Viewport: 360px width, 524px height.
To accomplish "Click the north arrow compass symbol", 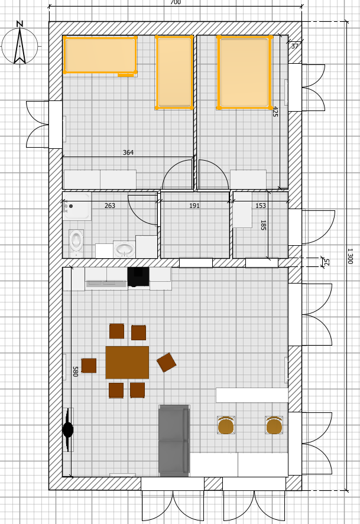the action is pyautogui.click(x=20, y=44).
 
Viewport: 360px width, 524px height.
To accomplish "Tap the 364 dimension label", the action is pyautogui.click(x=128, y=152).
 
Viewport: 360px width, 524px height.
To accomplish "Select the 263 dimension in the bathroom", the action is pyautogui.click(x=109, y=206).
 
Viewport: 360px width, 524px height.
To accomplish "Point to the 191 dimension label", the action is pyautogui.click(x=194, y=206).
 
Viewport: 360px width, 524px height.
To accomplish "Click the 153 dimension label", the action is pyautogui.click(x=260, y=206).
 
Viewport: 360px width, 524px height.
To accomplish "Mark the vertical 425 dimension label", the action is pyautogui.click(x=275, y=111).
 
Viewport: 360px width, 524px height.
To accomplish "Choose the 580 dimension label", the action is pyautogui.click(x=76, y=371).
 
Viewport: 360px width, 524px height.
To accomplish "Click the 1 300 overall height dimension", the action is pyautogui.click(x=350, y=256).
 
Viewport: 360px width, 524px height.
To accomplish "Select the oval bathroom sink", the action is pyautogui.click(x=124, y=249).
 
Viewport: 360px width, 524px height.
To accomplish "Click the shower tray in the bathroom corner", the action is pyautogui.click(x=76, y=206).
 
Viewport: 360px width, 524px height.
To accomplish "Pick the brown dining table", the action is pyautogui.click(x=127, y=363).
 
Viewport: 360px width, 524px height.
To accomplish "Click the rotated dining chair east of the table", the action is pyautogui.click(x=167, y=363).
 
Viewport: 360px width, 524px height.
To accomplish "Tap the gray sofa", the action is pyautogui.click(x=174, y=441).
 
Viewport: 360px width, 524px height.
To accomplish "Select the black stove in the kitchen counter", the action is pyautogui.click(x=138, y=276).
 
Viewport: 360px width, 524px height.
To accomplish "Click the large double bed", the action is pyautogui.click(x=244, y=73).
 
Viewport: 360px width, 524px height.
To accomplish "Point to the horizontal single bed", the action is pyautogui.click(x=100, y=55).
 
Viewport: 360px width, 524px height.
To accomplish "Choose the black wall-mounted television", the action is pyautogui.click(x=68, y=429).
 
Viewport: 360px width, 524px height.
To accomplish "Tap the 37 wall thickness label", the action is pyautogui.click(x=294, y=46).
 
